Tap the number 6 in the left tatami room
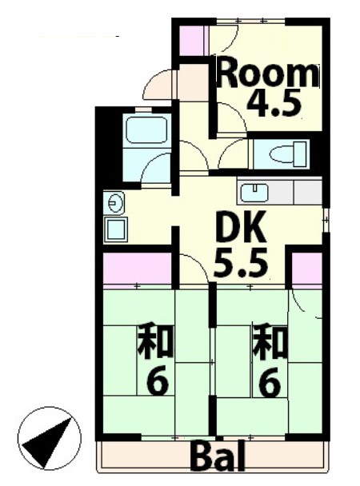tap(157, 384)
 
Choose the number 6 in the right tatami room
tap(270, 384)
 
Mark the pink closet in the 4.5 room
tap(190, 41)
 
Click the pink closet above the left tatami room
tap(137, 268)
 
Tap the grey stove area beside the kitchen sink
tap(307, 192)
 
